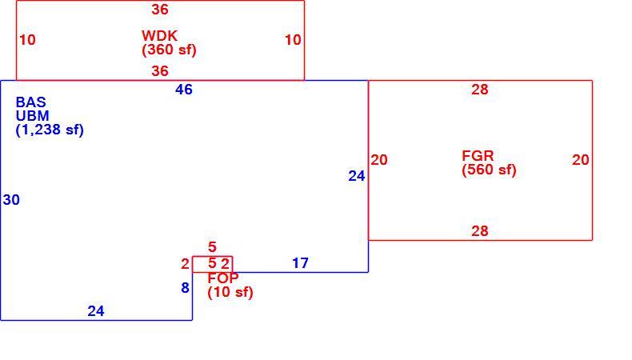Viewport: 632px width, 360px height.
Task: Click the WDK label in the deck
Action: (x=159, y=35)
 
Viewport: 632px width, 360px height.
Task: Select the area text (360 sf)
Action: (x=169, y=50)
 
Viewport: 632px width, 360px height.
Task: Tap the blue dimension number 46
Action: (x=184, y=90)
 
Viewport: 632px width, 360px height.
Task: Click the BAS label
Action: (x=30, y=102)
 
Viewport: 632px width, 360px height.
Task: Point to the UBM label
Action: (x=32, y=116)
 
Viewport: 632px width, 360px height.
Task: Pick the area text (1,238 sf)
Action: (x=50, y=130)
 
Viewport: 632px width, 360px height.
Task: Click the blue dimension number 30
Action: (x=11, y=199)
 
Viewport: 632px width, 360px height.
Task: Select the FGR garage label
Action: (x=478, y=156)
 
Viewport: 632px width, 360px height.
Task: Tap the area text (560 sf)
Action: (x=489, y=170)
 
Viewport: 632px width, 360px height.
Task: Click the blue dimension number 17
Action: (x=300, y=263)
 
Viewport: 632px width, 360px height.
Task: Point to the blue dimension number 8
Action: (x=185, y=288)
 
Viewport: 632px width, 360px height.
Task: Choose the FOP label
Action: (x=223, y=278)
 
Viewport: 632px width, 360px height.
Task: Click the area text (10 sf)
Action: (x=230, y=292)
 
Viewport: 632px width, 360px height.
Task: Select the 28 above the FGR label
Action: (x=480, y=90)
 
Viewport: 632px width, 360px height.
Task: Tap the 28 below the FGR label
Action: (x=480, y=231)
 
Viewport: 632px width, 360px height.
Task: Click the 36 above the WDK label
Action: (x=160, y=10)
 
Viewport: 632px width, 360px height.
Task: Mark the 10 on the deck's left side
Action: (x=27, y=40)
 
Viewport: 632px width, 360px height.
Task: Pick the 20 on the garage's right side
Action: (x=581, y=160)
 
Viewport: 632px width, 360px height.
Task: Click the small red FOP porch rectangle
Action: (x=213, y=257)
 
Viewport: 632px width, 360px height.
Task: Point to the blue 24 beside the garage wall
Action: (x=357, y=176)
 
